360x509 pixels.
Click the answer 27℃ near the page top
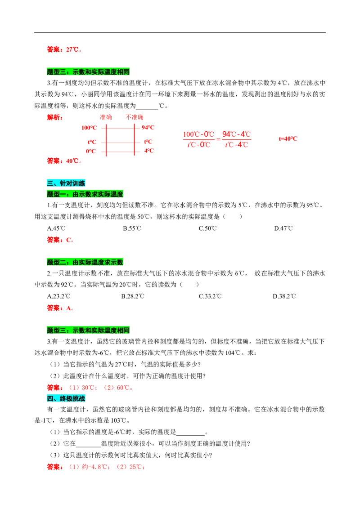72,49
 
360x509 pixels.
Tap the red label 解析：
55,117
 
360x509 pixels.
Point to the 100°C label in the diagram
89,128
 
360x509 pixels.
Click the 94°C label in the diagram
148,128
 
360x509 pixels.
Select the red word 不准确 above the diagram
135,117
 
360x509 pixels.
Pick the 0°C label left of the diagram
90,151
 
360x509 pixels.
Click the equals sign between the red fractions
218,139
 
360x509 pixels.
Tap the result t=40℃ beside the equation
288,139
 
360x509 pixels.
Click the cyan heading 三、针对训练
66,183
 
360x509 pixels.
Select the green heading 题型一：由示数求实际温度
85,194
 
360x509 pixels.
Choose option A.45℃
56,228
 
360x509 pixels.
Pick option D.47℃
283,228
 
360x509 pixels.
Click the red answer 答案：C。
60,240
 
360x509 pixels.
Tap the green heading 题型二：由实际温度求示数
85,262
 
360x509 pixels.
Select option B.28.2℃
133,296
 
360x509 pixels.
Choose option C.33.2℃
210,296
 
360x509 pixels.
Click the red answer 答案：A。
60,308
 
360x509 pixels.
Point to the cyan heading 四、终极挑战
66,399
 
